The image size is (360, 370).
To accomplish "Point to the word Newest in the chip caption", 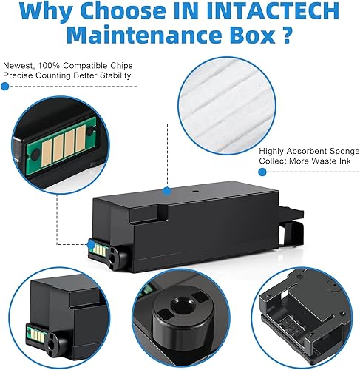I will coord(20,64).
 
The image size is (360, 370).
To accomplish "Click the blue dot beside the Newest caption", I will coord(7,87).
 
